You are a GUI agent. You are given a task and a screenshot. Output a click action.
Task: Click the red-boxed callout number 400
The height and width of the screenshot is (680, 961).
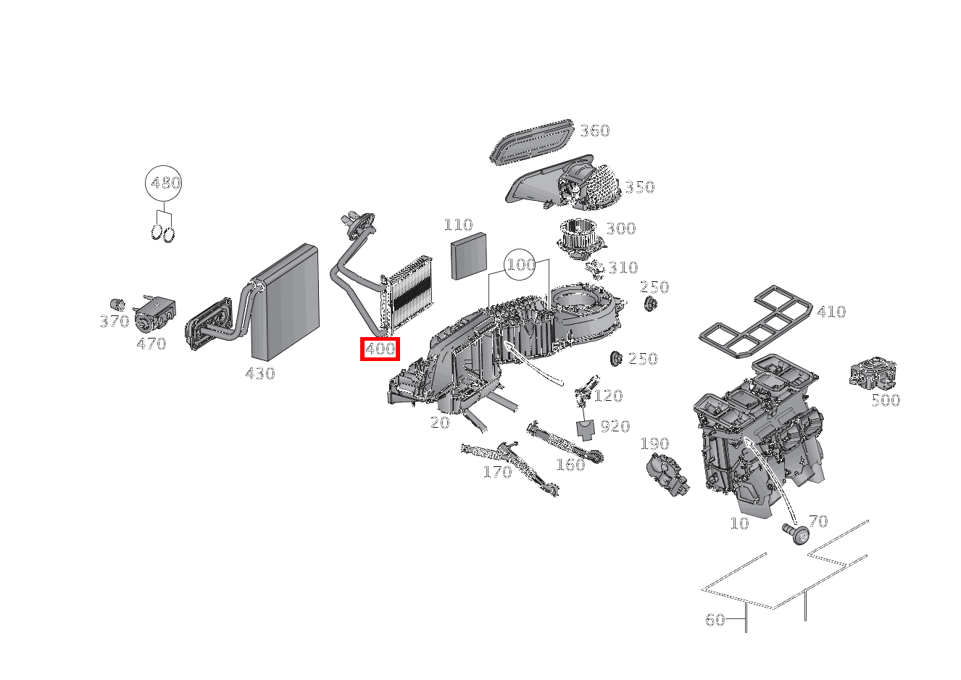(380, 349)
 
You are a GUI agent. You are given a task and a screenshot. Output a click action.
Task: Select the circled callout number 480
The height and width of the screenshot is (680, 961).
(164, 183)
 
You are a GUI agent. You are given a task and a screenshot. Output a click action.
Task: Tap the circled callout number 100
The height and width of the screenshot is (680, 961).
(520, 265)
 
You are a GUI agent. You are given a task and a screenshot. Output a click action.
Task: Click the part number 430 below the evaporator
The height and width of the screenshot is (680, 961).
(260, 374)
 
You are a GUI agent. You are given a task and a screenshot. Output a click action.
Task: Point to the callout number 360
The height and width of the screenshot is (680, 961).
(594, 131)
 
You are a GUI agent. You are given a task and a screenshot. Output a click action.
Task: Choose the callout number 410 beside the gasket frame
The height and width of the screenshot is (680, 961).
(831, 312)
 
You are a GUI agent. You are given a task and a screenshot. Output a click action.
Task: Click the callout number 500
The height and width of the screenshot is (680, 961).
(885, 400)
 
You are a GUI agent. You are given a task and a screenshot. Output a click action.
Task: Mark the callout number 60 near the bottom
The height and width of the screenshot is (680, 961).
(715, 620)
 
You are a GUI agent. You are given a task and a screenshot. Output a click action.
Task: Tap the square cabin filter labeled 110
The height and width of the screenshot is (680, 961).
(467, 257)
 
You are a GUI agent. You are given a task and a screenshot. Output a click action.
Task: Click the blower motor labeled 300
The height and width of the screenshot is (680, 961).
(578, 237)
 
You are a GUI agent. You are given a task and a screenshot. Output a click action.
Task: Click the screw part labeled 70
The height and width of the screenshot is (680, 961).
(797, 535)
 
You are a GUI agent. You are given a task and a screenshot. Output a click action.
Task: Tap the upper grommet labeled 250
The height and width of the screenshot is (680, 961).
(649, 304)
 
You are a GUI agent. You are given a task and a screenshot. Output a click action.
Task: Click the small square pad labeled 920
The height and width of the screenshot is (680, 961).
(586, 428)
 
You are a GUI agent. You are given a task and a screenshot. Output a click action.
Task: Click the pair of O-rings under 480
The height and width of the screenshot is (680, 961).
(164, 233)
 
